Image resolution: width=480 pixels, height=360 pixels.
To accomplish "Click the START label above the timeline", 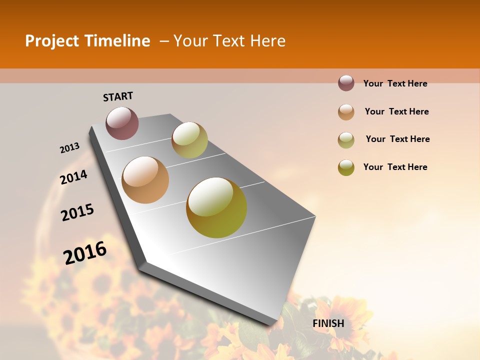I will [x=118, y=96].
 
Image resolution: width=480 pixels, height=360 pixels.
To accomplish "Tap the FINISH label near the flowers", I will [x=328, y=323].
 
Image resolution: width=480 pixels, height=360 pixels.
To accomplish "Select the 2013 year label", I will [x=69, y=148].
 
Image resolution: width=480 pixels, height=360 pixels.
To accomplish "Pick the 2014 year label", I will [x=73, y=177].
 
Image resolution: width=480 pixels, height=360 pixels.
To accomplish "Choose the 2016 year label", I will [x=85, y=253].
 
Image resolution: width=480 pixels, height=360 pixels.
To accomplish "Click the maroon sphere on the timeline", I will [x=122, y=123].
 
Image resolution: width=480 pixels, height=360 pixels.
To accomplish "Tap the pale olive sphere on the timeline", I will [x=189, y=139].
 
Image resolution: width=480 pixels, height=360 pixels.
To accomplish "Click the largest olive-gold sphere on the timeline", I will [x=216, y=207].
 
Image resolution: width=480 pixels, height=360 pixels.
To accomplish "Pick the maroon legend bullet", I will [x=346, y=83].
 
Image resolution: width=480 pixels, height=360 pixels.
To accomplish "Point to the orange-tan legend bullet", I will [x=346, y=111].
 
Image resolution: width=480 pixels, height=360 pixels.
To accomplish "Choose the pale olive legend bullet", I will [x=346, y=139].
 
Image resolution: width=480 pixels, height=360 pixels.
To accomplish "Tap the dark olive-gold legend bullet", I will [x=346, y=167].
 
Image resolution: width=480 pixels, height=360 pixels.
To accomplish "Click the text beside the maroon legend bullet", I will [x=395, y=83].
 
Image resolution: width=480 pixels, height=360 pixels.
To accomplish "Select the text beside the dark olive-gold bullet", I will [x=395, y=167].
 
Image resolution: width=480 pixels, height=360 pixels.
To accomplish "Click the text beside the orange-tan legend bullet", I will [x=396, y=111].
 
